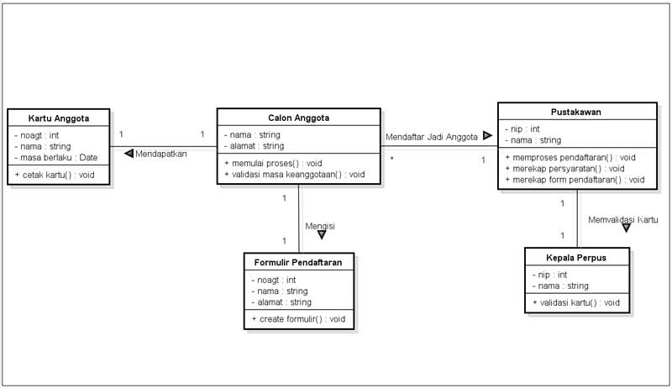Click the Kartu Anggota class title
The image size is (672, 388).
pos(59,118)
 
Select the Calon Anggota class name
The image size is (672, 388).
pos(299,118)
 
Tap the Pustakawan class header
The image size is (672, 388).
pos(576,113)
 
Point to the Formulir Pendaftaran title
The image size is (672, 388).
pos(298,263)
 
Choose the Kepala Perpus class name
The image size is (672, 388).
pos(576,258)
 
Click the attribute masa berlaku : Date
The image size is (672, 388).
pos(56,158)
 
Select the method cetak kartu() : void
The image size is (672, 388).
pos(55,175)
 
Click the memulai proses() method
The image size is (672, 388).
pos(273,163)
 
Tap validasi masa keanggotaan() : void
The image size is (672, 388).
pos(295,175)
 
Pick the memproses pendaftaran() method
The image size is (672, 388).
pos(570,157)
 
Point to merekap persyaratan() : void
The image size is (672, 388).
pos(564,168)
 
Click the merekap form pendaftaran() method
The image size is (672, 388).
pos(575,180)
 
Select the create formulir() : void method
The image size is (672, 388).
pos(298,319)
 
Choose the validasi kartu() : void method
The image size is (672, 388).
pos(576,303)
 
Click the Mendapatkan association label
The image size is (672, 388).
pos(161,154)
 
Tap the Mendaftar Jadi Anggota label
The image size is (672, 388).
pos(432,137)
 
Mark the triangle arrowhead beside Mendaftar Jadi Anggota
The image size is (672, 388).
pos(487,136)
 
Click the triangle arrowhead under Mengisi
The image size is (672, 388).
pos(322,234)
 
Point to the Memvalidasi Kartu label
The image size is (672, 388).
pos(623,220)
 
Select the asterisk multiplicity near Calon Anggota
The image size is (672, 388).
pos(391,159)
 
